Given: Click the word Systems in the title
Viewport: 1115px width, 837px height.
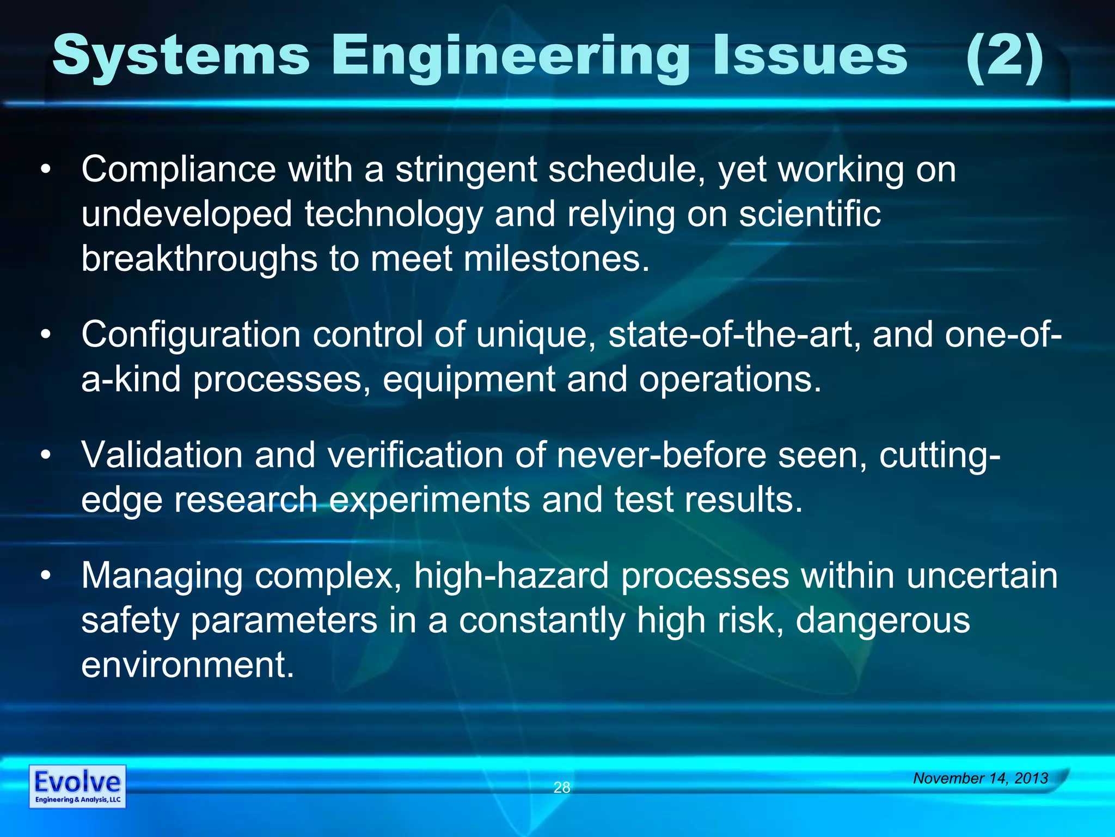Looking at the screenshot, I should (x=181, y=56).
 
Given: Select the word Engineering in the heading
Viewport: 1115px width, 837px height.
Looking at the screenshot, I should (x=510, y=57).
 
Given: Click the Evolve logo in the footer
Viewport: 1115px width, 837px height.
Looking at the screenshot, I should (x=77, y=786).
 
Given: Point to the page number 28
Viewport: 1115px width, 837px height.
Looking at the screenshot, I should (x=561, y=787).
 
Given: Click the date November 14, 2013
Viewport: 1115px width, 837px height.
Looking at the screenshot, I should (x=981, y=778).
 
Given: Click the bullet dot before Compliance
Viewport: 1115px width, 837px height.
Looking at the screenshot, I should (x=46, y=169).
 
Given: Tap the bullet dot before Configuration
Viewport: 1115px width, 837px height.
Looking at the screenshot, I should (x=46, y=335).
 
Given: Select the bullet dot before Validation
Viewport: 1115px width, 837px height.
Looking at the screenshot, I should (x=46, y=455).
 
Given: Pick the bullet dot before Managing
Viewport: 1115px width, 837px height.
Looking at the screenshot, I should (x=46, y=576).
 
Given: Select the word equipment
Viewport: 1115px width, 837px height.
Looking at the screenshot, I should (x=468, y=380).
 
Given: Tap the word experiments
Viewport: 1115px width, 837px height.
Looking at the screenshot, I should (x=430, y=500).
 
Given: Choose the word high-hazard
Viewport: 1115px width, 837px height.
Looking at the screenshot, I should (x=511, y=576).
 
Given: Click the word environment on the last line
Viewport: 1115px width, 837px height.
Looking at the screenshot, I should (x=187, y=665).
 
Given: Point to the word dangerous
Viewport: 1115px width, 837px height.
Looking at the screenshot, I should (x=883, y=621).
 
